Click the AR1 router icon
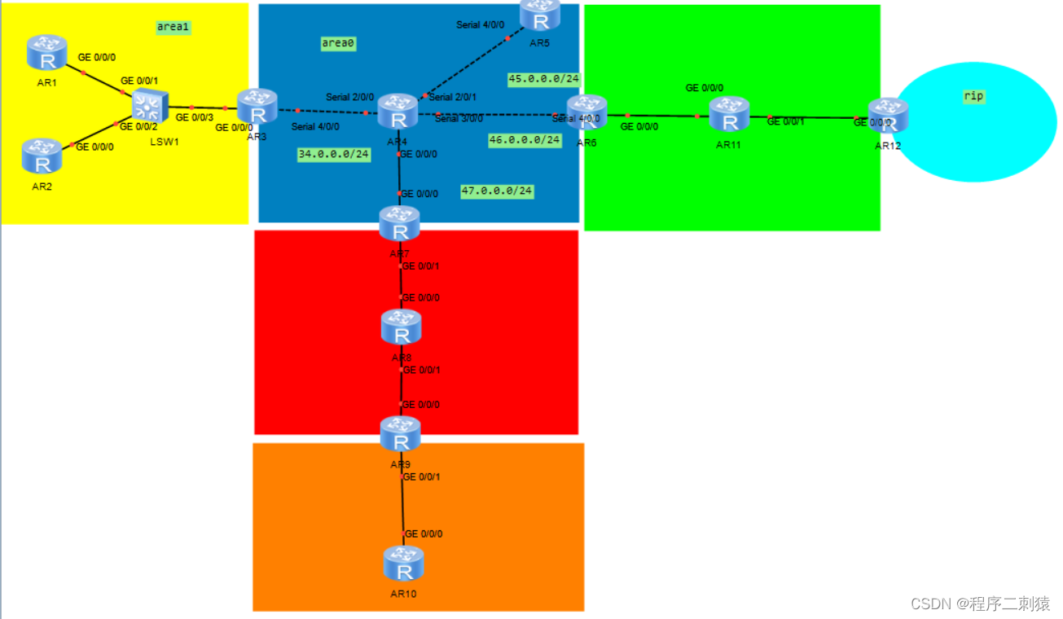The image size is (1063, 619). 46,52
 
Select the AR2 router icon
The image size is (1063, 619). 42,156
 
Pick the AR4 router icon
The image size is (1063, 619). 398,112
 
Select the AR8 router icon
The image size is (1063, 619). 401,327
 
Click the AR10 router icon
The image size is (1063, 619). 404,564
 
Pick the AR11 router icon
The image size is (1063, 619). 729,114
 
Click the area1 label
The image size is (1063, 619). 174,27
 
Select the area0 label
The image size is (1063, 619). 339,44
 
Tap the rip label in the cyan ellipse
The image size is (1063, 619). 973,96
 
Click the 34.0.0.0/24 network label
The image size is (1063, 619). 334,154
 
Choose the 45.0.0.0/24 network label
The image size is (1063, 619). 544,79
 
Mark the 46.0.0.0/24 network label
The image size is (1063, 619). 525,140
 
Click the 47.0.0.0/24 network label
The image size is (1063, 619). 497,191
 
